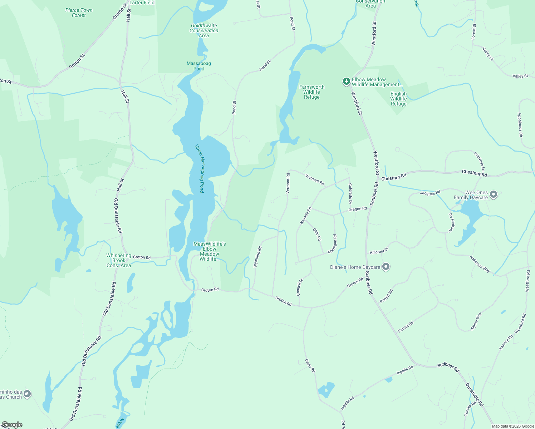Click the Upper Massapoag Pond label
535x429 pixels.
pos(200,168)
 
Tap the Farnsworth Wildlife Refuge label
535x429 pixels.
pos(312,92)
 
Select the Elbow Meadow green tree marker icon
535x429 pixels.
pos(346,82)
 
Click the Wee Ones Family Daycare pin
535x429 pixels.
pos(494,194)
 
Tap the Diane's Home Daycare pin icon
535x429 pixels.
pos(386,267)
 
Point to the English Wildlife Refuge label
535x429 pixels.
pos(398,99)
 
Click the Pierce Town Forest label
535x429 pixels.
pos(79,13)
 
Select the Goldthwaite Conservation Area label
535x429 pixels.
pos(204,30)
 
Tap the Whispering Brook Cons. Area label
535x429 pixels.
pos(119,260)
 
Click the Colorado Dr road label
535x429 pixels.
pos(350,194)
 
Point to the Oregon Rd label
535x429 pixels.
pos(358,209)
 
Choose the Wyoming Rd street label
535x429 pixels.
pos(257,257)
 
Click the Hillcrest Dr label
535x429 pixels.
pos(379,251)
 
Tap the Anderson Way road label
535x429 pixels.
pos(480,264)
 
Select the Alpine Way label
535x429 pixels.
pos(476,321)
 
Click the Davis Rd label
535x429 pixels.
pos(310,366)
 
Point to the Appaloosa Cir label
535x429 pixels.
pos(520,125)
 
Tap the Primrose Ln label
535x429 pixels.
pos(480,162)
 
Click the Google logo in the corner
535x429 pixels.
pos(11,425)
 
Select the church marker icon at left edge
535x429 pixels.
pos(27,394)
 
